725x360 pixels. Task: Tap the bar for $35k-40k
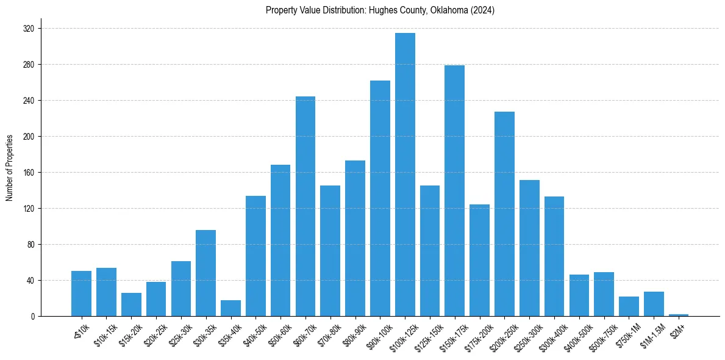click(230, 308)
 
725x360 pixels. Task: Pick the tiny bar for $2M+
click(679, 315)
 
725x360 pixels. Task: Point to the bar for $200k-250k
click(504, 214)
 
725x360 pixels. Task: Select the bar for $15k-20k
click(131, 304)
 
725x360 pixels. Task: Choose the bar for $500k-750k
click(604, 294)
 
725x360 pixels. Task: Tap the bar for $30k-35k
click(205, 273)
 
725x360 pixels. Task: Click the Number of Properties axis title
click(10, 168)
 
